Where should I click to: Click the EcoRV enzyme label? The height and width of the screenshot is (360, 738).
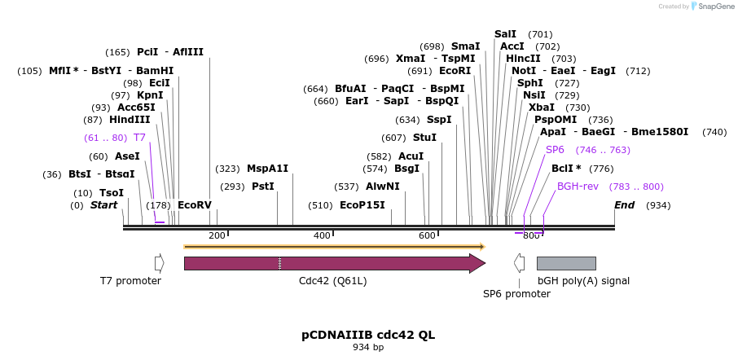[195, 205]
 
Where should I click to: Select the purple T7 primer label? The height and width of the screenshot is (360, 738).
[139, 138]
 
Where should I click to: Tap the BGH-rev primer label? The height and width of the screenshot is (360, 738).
[578, 187]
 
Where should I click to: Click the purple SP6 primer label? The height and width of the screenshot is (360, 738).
[555, 150]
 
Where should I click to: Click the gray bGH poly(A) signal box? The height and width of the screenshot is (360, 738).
[566, 263]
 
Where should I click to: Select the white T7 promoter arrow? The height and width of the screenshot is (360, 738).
[159, 263]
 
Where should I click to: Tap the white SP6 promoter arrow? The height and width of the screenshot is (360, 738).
[519, 263]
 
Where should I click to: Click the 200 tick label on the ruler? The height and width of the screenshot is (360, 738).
[217, 235]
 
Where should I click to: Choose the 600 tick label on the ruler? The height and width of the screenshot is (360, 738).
[427, 235]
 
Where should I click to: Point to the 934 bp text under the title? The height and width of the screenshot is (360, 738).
[368, 348]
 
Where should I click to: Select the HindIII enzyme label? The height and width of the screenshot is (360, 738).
[130, 120]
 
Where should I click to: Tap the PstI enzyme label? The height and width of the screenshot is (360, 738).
[263, 187]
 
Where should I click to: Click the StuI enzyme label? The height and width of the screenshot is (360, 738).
[424, 138]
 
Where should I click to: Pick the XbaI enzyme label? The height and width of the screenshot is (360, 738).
[541, 108]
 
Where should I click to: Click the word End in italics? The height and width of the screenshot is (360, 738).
[625, 205]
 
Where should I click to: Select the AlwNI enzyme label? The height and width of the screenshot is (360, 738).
[383, 187]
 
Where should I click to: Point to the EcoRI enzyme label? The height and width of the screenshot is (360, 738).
[455, 71]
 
